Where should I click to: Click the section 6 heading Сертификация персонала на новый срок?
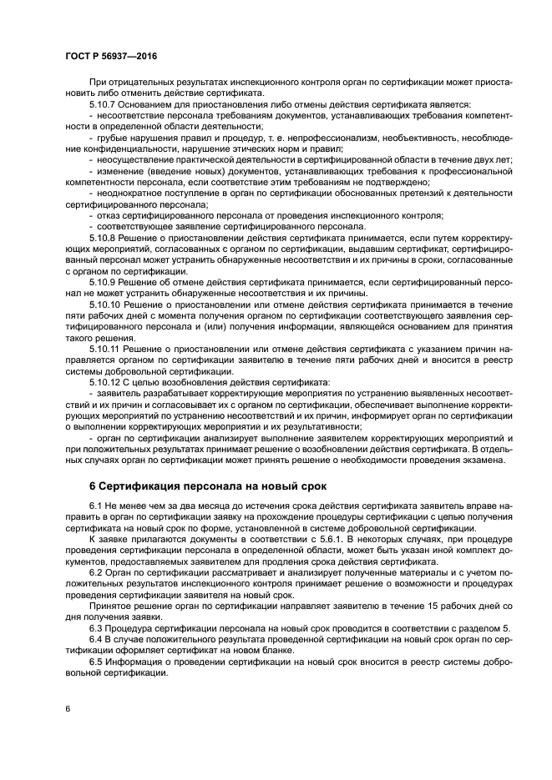click(x=208, y=486)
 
